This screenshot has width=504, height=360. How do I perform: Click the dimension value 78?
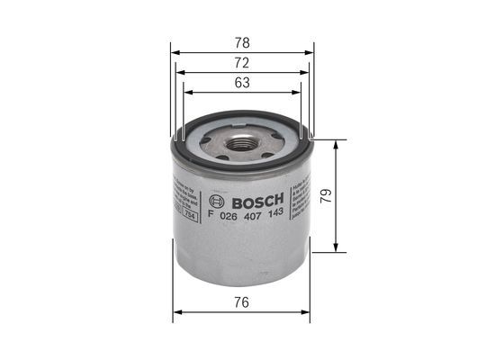240,42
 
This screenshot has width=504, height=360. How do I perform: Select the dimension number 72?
240,63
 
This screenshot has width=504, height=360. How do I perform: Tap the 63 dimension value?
240,84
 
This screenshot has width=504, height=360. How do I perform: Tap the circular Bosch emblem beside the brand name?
215,200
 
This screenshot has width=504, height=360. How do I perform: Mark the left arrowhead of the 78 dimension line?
174,52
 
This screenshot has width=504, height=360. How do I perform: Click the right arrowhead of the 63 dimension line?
298,94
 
